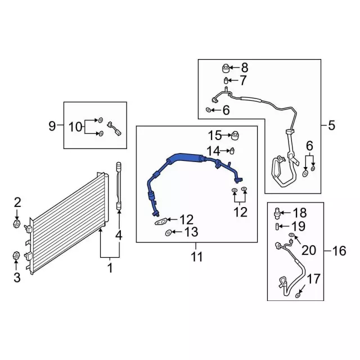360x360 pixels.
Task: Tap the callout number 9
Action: (52, 126)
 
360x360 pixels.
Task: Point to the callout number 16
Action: (339, 251)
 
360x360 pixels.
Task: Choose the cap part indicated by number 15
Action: (236, 136)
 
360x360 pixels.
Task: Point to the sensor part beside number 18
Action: (277, 213)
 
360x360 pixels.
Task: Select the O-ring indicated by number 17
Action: (298, 295)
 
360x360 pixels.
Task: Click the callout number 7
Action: (242, 80)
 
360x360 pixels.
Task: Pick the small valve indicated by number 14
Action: (231, 150)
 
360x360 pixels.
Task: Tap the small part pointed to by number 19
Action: (277, 226)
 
